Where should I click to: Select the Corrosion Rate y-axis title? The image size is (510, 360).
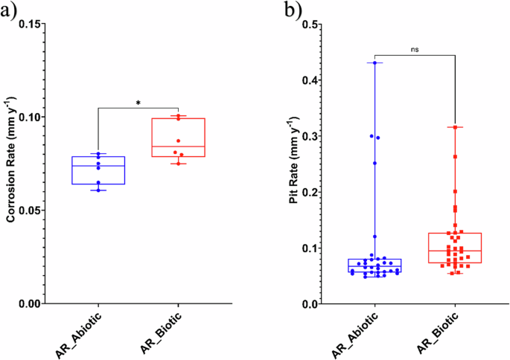tap(12, 164)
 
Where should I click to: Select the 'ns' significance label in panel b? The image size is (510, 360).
tap(414, 49)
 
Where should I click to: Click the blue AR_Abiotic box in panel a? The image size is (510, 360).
tap(98, 170)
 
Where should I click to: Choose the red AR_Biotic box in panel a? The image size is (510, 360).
tap(178, 138)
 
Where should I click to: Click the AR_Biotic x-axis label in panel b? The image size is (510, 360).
tap(439, 332)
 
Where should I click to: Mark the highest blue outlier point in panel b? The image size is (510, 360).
tap(374, 62)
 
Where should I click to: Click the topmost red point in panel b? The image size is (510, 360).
tap(455, 127)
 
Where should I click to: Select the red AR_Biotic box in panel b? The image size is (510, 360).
tap(455, 248)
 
